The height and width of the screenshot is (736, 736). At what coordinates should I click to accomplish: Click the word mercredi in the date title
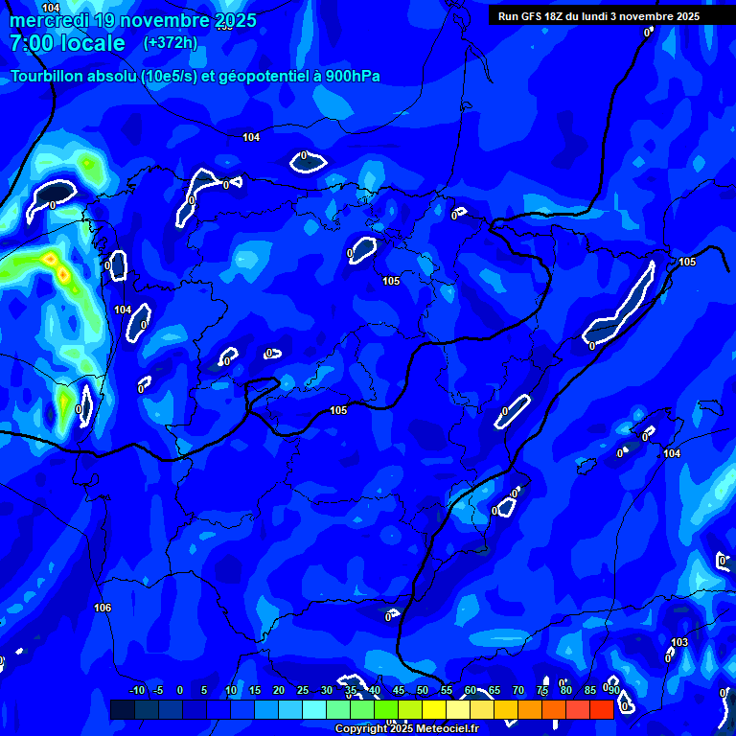(x=51, y=20)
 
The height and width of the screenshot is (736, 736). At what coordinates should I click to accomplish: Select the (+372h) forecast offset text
(x=170, y=43)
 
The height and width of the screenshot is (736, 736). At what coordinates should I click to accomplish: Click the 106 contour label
(x=103, y=609)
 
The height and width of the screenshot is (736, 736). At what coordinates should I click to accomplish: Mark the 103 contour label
(x=679, y=642)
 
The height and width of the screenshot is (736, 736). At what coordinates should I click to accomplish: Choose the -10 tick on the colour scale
(x=136, y=691)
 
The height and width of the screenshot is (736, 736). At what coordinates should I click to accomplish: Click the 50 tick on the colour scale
(x=423, y=691)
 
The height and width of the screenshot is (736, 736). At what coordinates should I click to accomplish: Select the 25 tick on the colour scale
(x=303, y=691)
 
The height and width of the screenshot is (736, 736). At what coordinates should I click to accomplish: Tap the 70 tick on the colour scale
(x=518, y=691)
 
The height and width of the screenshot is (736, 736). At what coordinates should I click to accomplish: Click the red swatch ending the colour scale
(x=602, y=709)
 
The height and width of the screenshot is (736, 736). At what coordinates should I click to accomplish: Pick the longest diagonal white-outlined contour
(x=620, y=305)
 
